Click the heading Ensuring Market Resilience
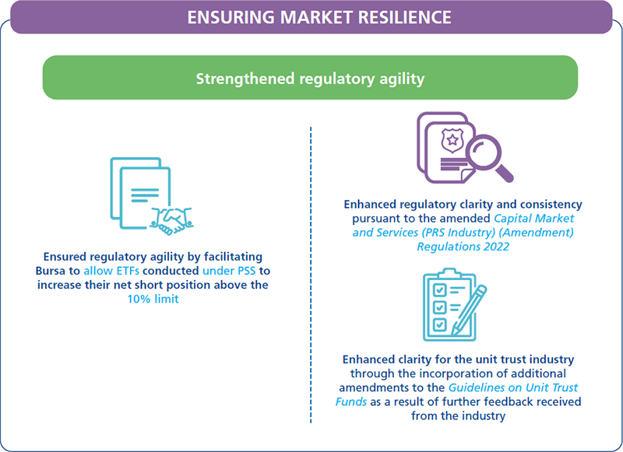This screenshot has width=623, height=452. click(x=311, y=16)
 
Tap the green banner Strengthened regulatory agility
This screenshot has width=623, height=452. click(x=310, y=79)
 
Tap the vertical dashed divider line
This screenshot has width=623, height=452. click(x=310, y=272)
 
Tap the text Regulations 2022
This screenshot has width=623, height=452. click(x=463, y=246)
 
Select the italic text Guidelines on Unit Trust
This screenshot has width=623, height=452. click(x=512, y=387)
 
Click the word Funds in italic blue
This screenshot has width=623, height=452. click(x=351, y=401)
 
